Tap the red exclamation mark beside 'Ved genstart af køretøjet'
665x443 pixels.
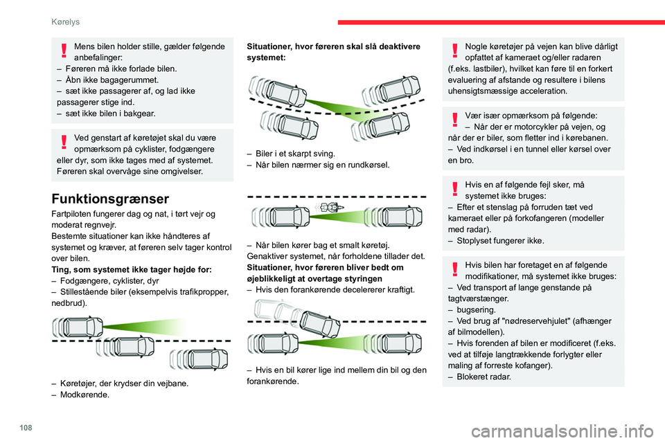(x=64, y=142)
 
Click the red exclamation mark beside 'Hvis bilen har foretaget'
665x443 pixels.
(x=455, y=270)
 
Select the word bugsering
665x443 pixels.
(x=477, y=310)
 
